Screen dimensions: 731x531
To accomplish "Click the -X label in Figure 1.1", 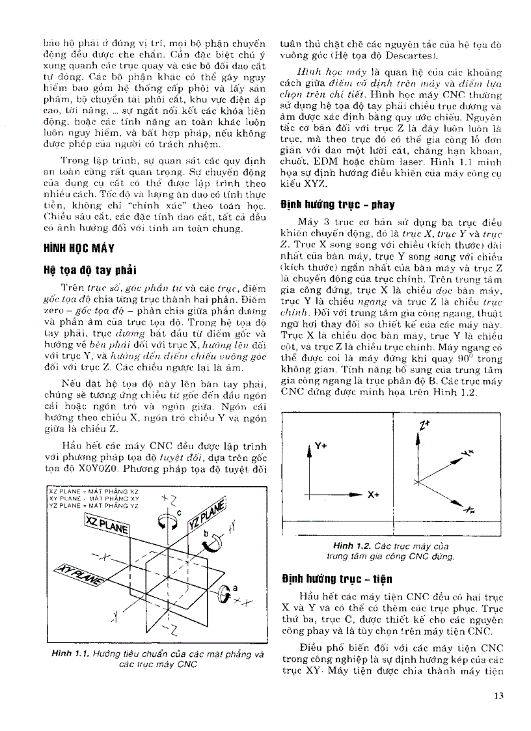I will tap(102, 554).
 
